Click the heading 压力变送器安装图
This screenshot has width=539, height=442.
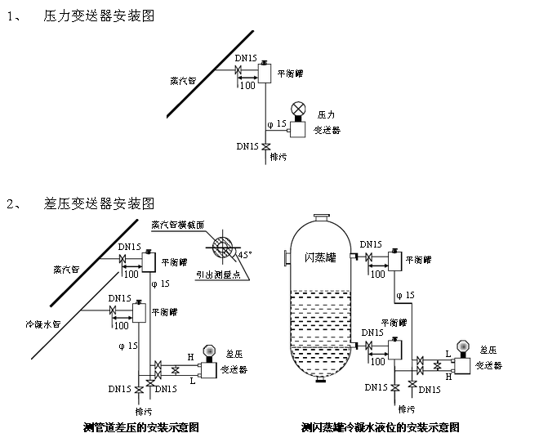(98, 16)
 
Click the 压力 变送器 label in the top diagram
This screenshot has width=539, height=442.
(327, 122)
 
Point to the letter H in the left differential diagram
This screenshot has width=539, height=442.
(190, 357)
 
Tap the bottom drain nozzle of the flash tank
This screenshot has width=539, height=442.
(320, 379)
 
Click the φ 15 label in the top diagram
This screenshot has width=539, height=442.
(278, 124)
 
